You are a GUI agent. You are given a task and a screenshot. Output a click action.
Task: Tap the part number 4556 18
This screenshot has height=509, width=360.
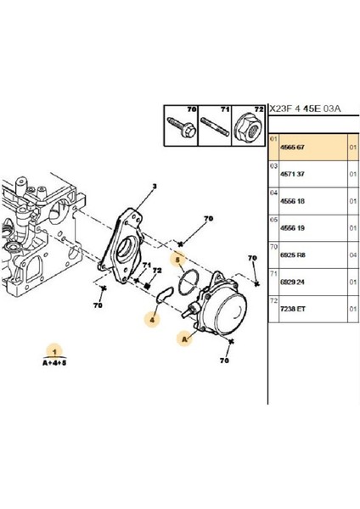(294, 201)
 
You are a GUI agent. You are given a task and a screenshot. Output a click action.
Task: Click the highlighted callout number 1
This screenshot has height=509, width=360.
(55, 350)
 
